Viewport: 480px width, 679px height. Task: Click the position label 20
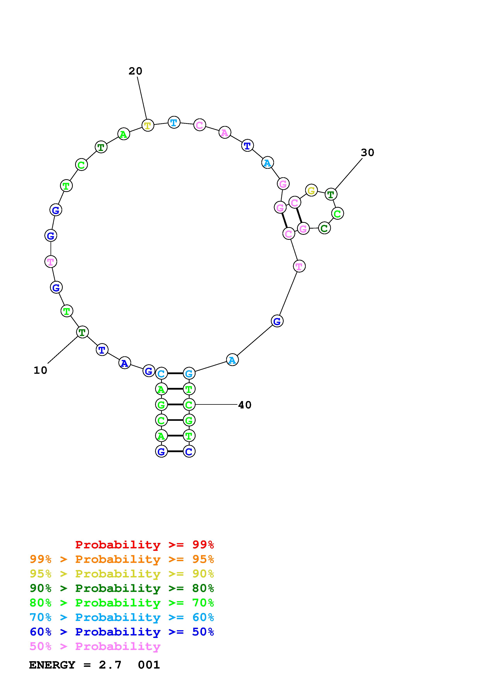pyautogui.click(x=136, y=71)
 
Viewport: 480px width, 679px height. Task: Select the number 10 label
pyautogui.click(x=40, y=370)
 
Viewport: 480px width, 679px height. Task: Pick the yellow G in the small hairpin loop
pyautogui.click(x=311, y=190)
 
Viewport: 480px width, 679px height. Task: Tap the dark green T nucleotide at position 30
pyautogui.click(x=331, y=194)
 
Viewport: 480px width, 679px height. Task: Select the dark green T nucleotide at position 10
pyautogui.click(x=82, y=332)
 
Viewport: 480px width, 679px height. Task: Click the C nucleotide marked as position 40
pyautogui.click(x=189, y=405)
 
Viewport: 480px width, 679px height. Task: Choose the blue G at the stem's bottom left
pyautogui.click(x=161, y=451)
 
